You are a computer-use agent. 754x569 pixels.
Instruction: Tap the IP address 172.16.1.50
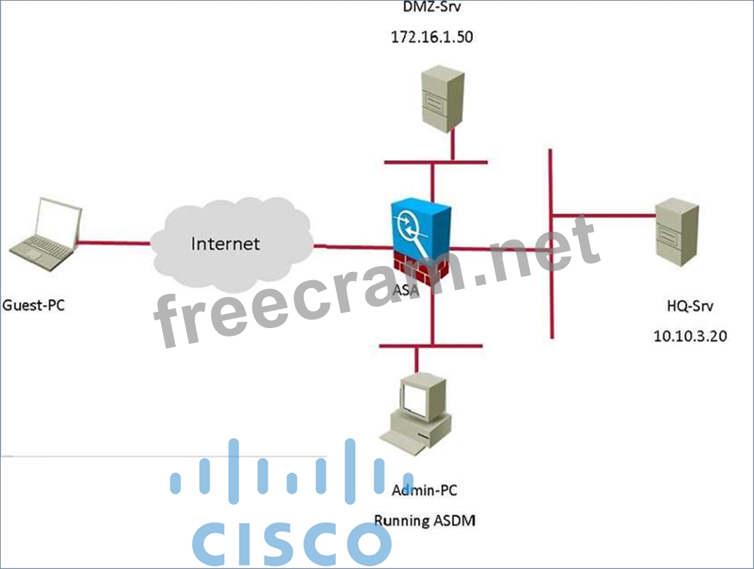[431, 37]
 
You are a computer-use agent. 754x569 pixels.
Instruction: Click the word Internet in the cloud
[226, 244]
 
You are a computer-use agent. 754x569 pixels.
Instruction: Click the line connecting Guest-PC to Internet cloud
[112, 243]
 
